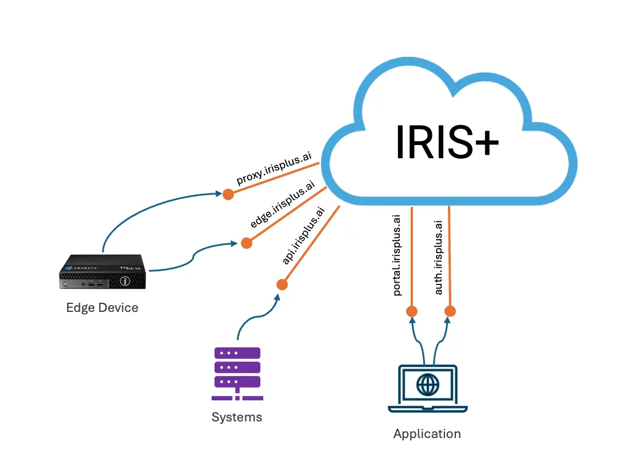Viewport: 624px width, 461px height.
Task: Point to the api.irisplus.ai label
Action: coord(303,236)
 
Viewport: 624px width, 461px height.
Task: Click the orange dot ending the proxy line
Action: coord(228,194)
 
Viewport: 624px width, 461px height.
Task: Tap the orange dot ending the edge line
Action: coord(246,243)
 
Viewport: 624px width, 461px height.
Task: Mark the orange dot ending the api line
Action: coord(282,284)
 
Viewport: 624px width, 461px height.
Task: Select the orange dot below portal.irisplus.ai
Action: coord(411,311)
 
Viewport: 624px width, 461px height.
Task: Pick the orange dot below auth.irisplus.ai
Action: coord(450,311)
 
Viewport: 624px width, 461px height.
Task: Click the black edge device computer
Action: coord(103,274)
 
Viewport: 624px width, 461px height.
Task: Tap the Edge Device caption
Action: coord(102,308)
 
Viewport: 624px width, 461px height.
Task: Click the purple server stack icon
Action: coord(237,373)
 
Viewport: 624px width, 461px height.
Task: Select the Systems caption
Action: coord(237,417)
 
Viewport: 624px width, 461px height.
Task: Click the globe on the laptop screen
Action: coord(427,385)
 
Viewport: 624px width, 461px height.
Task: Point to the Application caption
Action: coord(427,433)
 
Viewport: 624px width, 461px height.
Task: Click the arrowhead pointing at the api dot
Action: coord(278,298)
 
